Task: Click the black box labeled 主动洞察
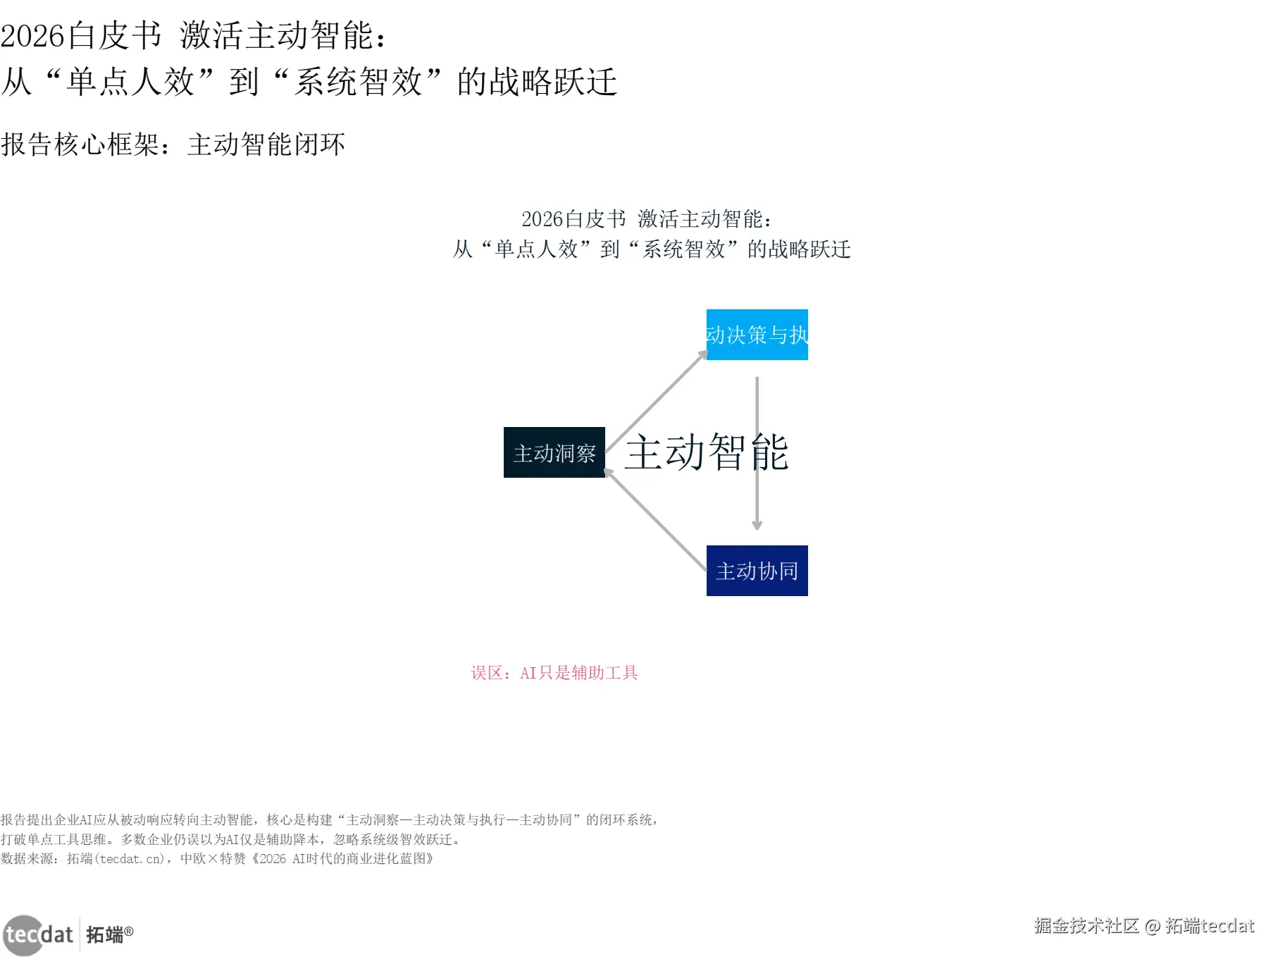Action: tap(554, 452)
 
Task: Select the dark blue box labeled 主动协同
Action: tap(757, 571)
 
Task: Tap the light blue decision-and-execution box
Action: tap(757, 335)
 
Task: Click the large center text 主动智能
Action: tap(706, 452)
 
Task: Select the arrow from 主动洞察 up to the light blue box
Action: tap(657, 402)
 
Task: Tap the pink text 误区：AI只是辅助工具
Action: tap(554, 673)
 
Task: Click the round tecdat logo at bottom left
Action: tap(23, 935)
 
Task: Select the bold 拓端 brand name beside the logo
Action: tap(104, 935)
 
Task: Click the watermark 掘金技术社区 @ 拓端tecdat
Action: tap(1143, 926)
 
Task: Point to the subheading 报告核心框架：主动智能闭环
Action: tap(173, 144)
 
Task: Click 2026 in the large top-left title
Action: tap(32, 36)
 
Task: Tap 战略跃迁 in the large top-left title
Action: tap(552, 82)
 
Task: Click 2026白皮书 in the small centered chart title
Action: tap(573, 219)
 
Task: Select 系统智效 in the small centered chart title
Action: tap(683, 249)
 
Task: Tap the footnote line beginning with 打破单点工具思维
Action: tap(231, 839)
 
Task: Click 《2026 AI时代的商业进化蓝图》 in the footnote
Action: tap(342, 859)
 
